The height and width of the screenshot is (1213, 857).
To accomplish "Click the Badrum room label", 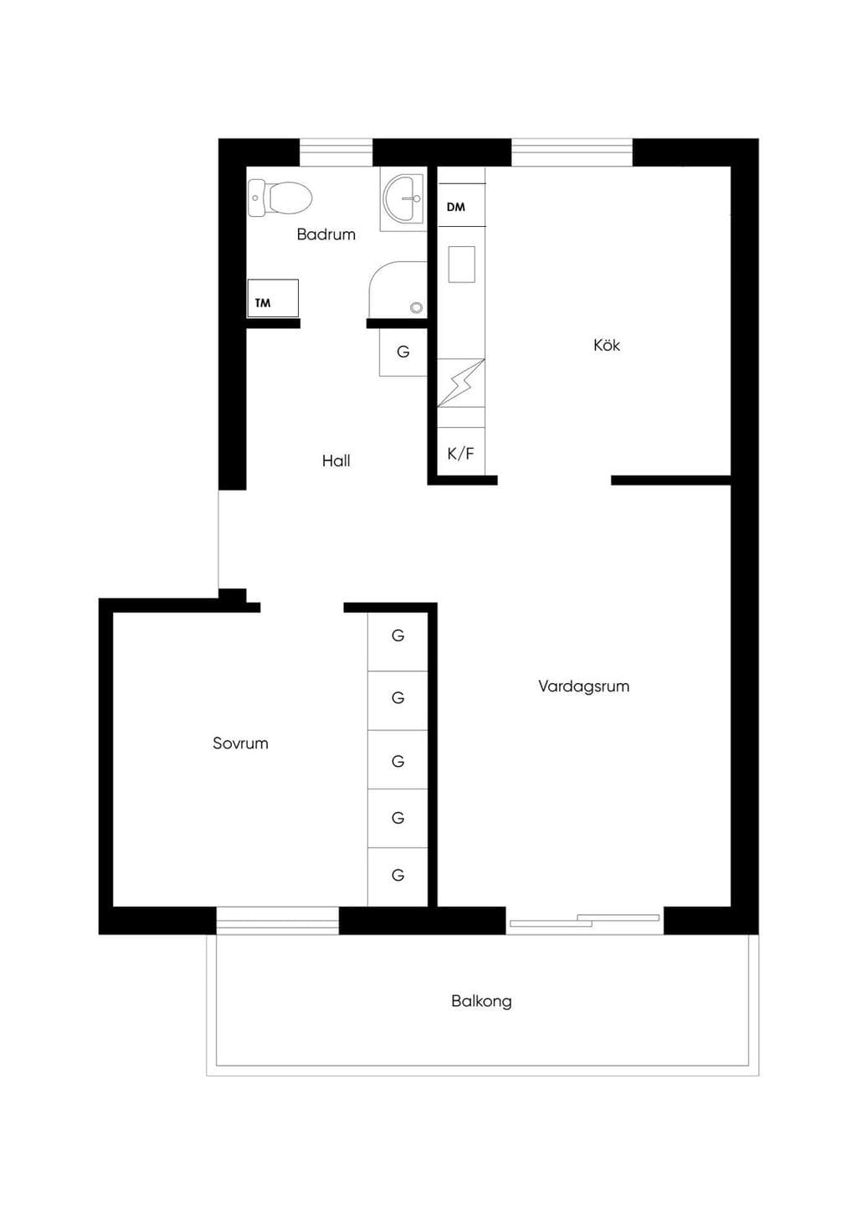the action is (x=326, y=234).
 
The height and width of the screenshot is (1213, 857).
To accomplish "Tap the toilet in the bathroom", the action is (x=280, y=198).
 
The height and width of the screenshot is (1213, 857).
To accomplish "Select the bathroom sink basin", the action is (x=403, y=198).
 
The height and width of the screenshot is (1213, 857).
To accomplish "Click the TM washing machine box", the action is (x=273, y=298).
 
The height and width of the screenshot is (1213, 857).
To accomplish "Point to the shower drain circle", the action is (x=416, y=307).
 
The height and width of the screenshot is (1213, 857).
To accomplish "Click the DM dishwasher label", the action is (x=456, y=207).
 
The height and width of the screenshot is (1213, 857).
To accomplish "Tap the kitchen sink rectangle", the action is (x=462, y=265).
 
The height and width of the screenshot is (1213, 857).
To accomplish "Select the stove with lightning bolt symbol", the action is (x=460, y=383).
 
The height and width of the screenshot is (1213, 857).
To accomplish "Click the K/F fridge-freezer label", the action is (x=460, y=453).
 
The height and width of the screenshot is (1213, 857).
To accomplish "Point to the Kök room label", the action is (x=606, y=345).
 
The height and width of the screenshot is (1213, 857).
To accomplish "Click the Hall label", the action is (x=336, y=460).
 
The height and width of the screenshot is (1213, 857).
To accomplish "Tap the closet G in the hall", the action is (x=403, y=352).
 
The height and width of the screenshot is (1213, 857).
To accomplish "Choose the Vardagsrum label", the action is (x=583, y=686).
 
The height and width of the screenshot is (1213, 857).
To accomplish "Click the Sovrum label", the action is (x=240, y=743).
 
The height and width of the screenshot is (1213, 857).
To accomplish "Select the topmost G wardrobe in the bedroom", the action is (x=398, y=641).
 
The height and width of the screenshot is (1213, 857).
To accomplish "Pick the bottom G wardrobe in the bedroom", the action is (x=398, y=876).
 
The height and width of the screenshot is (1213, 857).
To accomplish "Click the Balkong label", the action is (x=481, y=1001).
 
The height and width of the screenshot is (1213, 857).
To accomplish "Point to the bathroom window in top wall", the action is (x=336, y=152).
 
